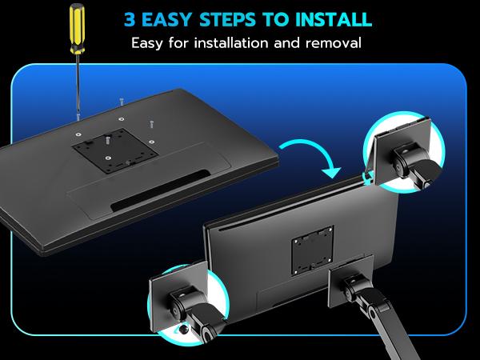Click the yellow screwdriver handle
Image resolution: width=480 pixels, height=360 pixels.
click(77, 29)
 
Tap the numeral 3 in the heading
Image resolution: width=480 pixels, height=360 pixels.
click(130, 19)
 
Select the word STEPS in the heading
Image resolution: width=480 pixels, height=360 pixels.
click(227, 19)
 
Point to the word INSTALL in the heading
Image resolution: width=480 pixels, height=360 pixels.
click(334, 19)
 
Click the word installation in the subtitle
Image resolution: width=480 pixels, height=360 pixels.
click(232, 43)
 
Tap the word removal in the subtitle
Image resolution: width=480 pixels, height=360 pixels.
click(334, 43)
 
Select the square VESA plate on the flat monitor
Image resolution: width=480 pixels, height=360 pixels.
click(115, 150)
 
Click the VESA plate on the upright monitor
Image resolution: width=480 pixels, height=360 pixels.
click(312, 250)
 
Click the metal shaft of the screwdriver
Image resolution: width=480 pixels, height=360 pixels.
click(78, 83)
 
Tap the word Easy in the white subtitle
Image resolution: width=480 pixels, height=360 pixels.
click(147, 43)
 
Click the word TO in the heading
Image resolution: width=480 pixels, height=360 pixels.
click(275, 19)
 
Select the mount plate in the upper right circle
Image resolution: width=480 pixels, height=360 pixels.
click(402, 151)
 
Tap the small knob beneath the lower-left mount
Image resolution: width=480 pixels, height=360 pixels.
click(184, 330)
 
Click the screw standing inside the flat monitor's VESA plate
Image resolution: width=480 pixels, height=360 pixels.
click(107, 141)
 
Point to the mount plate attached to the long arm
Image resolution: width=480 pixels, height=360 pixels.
click(351, 280)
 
